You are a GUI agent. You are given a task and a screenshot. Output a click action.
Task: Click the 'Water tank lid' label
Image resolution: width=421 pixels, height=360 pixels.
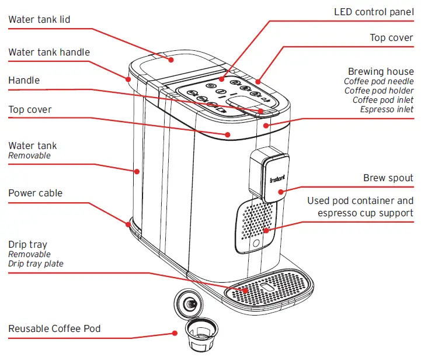click(39, 20)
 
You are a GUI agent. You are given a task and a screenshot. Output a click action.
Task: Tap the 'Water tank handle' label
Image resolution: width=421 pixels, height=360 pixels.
click(49, 53)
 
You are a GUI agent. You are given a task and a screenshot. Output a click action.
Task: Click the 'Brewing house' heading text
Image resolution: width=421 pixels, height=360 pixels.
click(381, 71)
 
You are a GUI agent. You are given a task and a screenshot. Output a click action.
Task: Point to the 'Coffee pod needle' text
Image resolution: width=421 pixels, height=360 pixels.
click(378, 81)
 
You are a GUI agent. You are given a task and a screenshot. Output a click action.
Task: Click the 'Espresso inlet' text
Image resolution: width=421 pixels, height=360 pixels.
click(387, 109)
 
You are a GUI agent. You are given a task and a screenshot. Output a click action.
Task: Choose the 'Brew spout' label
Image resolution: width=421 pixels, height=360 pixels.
click(388, 178)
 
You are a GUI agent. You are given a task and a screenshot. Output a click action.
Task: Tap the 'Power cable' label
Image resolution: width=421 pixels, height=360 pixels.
click(35, 193)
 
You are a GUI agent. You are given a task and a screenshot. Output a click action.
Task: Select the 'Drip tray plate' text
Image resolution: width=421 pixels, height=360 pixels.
click(36, 264)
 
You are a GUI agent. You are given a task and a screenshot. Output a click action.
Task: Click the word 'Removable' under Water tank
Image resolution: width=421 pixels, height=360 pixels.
click(29, 155)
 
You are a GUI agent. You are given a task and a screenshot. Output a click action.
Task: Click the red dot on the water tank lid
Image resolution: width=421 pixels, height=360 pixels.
click(172, 59)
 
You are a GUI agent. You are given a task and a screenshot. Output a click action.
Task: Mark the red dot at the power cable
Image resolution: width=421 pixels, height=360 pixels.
click(128, 222)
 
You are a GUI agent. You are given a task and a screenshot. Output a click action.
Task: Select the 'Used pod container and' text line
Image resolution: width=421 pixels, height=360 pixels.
click(360, 201)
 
